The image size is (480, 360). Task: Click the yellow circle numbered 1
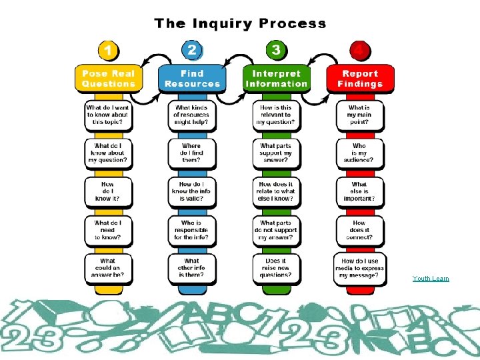coord(108,51)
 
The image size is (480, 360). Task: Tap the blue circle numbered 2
coord(191,51)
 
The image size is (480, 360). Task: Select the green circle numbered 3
coord(276,51)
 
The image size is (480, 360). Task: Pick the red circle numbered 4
coord(359,51)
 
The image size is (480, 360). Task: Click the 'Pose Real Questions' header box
coord(108,79)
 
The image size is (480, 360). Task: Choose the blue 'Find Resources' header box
coord(191,79)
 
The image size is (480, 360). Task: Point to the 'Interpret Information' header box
coord(276,79)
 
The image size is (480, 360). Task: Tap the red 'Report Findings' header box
coord(359,79)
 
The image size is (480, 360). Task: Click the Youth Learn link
coord(431,279)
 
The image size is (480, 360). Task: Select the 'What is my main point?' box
coord(359,115)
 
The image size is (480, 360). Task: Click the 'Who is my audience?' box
coord(359,153)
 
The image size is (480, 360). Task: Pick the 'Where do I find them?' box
coord(191,153)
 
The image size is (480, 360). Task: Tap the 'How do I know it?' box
coord(108,191)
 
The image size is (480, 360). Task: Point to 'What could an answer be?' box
coord(108,269)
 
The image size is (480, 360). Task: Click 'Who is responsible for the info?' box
coord(191,230)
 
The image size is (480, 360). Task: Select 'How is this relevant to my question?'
coord(276,115)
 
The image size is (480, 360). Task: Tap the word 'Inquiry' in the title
coord(220,24)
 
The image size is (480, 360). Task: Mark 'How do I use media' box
coord(359,269)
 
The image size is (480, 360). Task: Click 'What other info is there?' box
coord(191,269)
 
